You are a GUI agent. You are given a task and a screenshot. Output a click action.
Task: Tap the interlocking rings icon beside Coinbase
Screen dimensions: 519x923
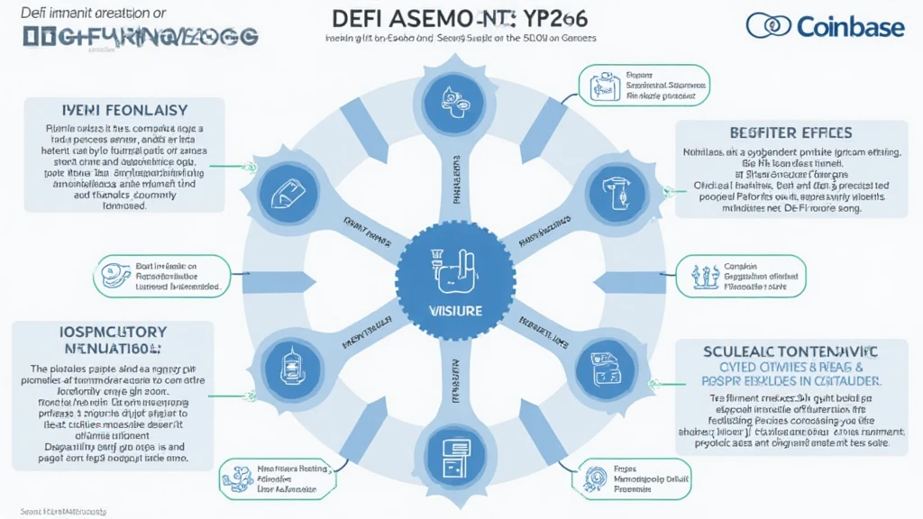click(768, 25)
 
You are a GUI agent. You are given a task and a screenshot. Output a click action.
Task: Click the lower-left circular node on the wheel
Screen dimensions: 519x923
click(289, 363)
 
